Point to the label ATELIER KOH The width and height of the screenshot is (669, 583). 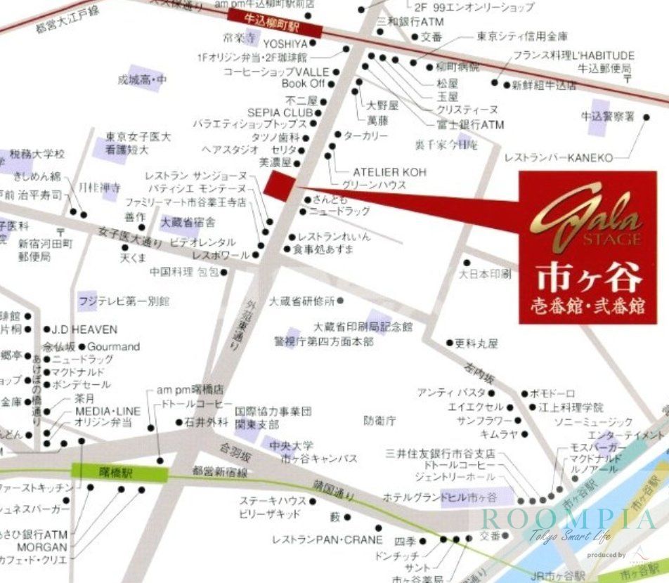coord(389,172)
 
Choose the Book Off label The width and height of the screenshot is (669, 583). coord(303,83)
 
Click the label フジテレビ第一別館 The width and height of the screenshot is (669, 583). coord(124,301)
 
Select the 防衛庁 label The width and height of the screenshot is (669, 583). coord(379,421)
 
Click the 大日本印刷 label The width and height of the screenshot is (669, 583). coord(486,274)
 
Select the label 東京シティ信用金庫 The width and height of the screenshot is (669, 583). coord(522,36)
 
